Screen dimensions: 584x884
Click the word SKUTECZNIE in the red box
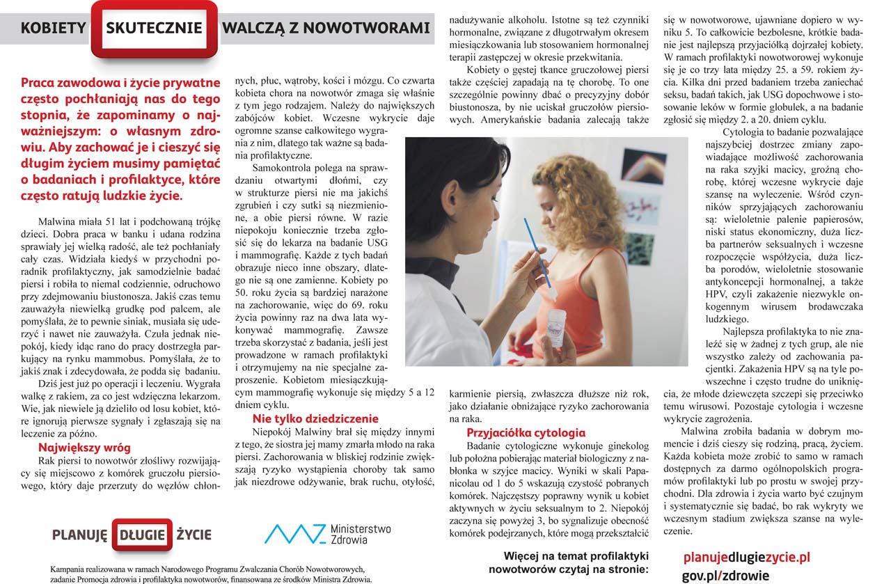tap(154, 29)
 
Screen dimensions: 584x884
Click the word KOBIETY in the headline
tap(53, 29)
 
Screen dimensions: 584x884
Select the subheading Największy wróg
tap(84, 448)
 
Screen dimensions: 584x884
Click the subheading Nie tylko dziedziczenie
tap(315, 418)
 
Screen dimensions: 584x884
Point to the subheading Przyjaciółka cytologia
tap(526, 432)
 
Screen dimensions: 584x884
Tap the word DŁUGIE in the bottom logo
tap(142, 535)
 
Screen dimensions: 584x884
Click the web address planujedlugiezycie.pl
tap(747, 558)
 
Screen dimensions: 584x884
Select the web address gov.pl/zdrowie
tap(725, 576)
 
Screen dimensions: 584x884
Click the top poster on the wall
tap(644, 166)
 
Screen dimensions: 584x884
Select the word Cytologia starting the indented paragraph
tap(745, 132)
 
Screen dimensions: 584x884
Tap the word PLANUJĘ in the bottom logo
tap(79, 535)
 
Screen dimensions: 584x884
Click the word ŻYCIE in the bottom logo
tap(194, 535)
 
